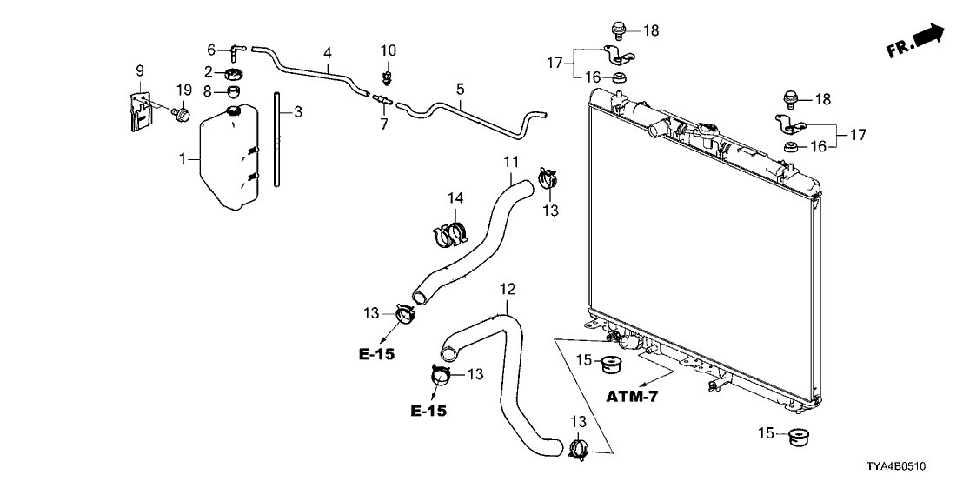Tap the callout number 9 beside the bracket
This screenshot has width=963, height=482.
pos(138,69)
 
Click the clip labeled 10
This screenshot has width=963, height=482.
pos(388,77)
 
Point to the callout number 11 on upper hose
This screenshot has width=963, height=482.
pos(510,162)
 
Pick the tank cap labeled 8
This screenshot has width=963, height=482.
pos(234,91)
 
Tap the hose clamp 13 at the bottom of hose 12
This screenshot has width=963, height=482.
pos(579,450)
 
